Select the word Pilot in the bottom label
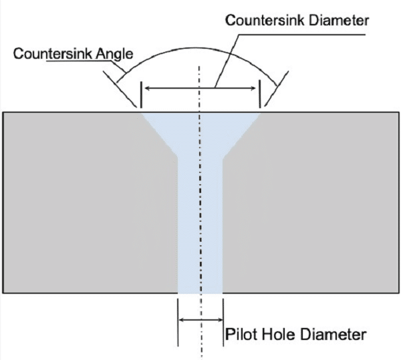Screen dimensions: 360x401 (x=239, y=332)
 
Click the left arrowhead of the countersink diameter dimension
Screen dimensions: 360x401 (x=149, y=87)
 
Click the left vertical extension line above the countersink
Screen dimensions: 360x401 (x=141, y=94)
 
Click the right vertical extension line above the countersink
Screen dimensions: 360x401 (x=259, y=94)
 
